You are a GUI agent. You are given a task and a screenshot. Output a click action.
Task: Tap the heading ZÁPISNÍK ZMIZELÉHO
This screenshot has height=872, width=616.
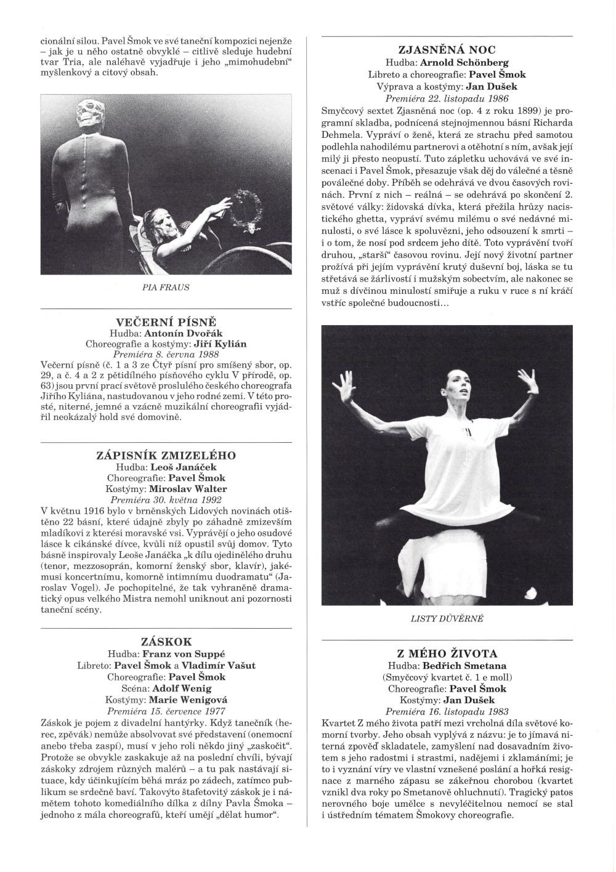coord(167,456)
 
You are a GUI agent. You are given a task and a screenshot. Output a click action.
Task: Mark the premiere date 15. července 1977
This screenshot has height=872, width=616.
coord(167,709)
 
